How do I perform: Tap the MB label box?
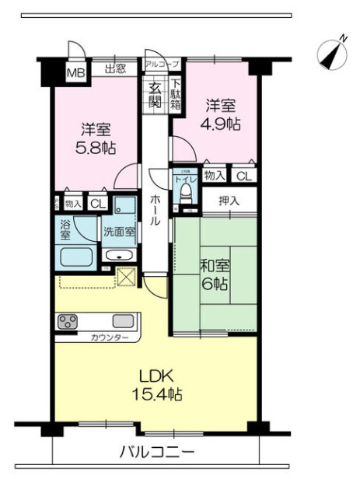point(75,73)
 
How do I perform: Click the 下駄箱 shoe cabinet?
point(177,93)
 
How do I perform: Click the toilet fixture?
point(185,198)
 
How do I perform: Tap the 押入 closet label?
point(229,201)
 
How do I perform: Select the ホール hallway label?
point(156,210)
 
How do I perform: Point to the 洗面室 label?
point(118,231)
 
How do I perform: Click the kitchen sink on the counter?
point(123,320)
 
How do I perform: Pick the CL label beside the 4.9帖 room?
point(244,177)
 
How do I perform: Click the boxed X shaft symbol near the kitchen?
point(125,276)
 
